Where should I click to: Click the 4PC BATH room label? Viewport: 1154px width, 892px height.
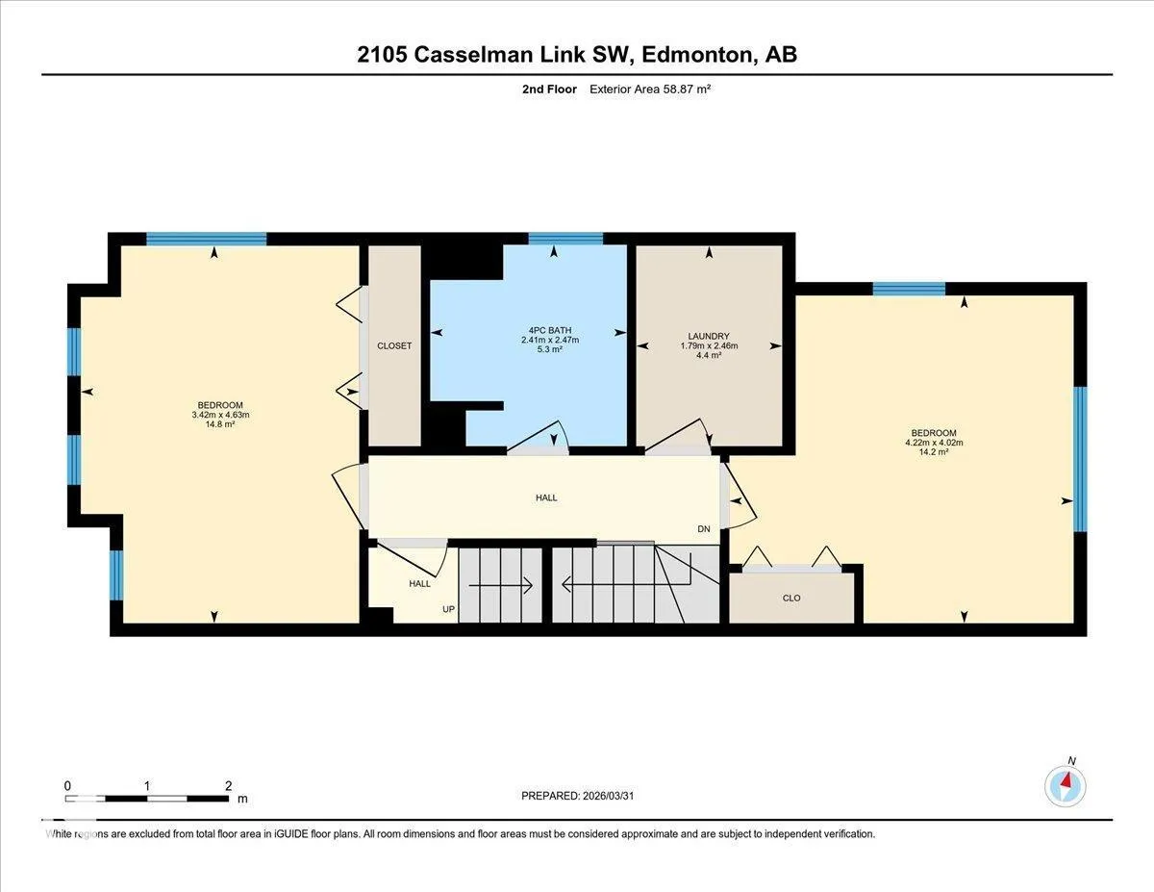(550, 330)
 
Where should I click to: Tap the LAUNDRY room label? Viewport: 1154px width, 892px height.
(709, 336)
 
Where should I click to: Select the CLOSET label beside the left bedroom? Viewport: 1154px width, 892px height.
(394, 345)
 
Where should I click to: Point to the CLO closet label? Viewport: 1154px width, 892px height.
(791, 599)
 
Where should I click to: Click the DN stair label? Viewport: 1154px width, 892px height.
(704, 529)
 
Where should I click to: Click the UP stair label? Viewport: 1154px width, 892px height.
(449, 609)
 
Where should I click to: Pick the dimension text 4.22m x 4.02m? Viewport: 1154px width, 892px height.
(934, 443)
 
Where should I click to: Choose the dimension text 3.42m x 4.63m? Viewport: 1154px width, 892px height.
(220, 415)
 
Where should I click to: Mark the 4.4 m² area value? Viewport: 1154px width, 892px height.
(709, 355)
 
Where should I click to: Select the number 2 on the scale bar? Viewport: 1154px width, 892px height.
(228, 786)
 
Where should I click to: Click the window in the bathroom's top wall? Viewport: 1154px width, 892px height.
(565, 239)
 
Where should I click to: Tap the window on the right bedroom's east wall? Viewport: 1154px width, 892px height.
(1081, 459)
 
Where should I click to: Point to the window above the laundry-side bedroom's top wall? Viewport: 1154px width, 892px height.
(909, 289)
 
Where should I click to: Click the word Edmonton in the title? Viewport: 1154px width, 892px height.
(698, 55)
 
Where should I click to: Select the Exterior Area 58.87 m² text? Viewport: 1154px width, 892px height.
(650, 89)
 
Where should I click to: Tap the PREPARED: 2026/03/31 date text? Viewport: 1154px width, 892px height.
(578, 796)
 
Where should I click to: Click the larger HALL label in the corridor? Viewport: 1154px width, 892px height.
(546, 497)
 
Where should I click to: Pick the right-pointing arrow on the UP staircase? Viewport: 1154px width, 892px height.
(500, 586)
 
